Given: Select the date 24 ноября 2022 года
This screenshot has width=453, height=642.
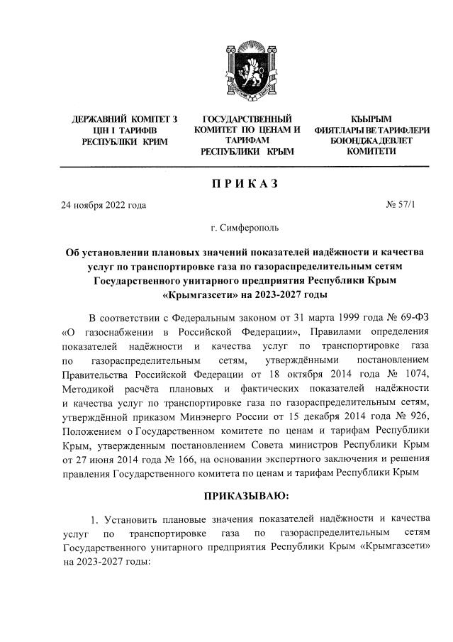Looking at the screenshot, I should point(104,206).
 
